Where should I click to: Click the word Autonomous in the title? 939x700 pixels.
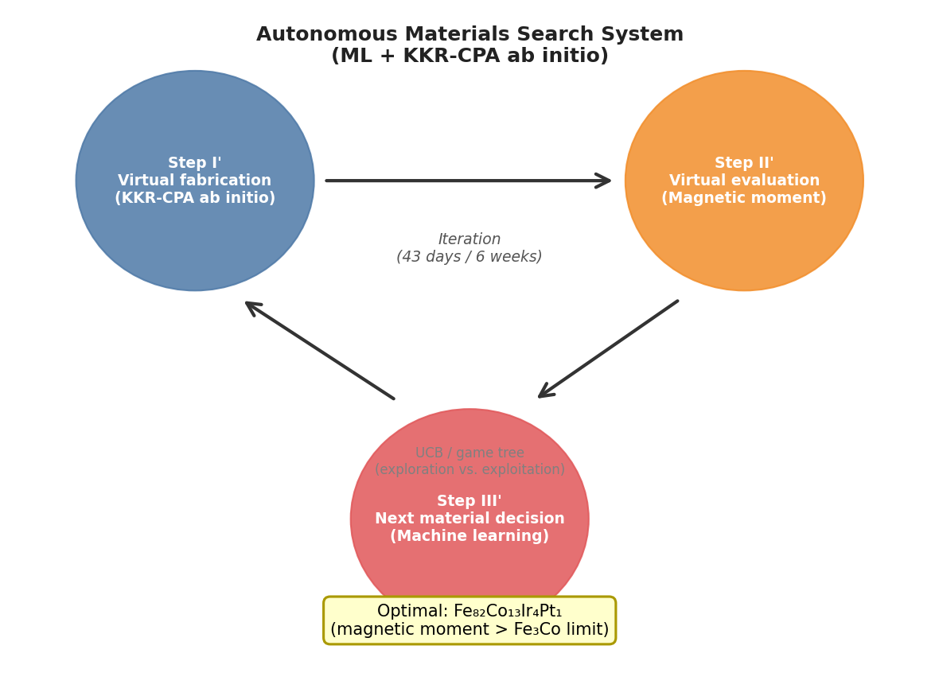tap(327, 35)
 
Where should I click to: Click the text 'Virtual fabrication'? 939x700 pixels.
tap(195, 181)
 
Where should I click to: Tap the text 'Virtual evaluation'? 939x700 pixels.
tap(744, 181)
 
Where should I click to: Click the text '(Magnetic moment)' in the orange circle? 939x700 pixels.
tap(744, 198)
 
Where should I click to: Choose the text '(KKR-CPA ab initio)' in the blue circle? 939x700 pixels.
tap(195, 198)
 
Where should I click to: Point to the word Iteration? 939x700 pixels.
tap(469, 239)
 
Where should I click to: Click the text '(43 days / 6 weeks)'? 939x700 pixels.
tap(469, 257)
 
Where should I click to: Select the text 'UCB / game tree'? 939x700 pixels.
tap(469, 453)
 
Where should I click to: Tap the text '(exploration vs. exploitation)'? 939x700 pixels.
tap(469, 470)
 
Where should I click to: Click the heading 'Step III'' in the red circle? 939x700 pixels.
tap(469, 501)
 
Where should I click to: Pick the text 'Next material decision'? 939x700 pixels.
tap(469, 519)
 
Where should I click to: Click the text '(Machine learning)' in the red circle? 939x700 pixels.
tap(469, 536)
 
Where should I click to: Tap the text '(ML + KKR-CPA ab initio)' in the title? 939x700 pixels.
tap(469, 56)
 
